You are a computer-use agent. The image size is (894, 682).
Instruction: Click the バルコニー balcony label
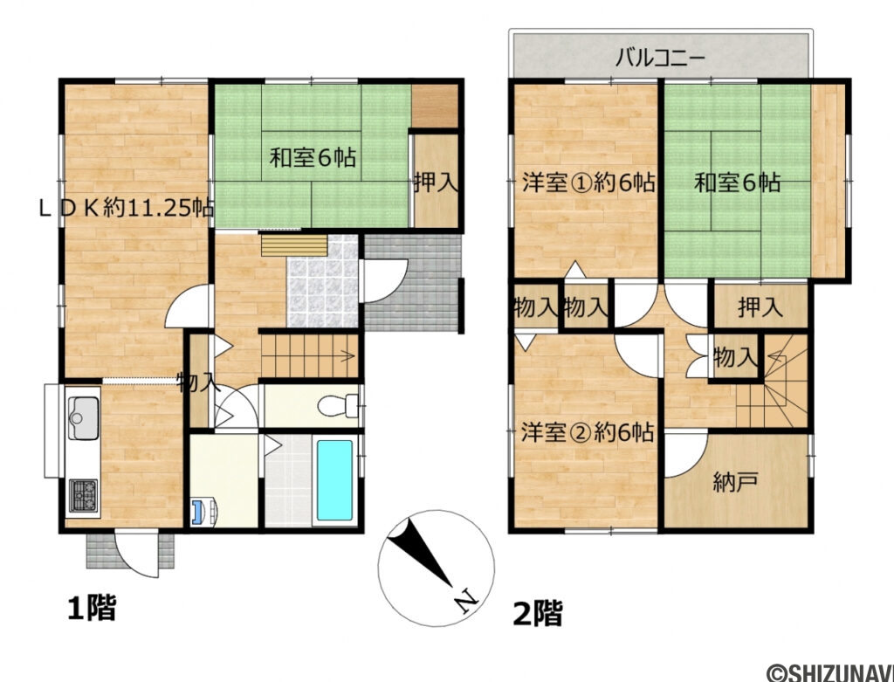660,59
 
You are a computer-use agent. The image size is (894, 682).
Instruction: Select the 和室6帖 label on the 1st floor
312,159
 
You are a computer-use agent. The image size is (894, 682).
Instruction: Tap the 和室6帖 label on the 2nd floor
737,183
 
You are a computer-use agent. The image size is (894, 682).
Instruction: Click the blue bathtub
334,480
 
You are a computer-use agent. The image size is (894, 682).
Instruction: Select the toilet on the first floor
335,406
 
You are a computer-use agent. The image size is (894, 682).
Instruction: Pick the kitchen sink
84,417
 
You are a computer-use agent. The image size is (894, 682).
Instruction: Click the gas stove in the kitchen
84,496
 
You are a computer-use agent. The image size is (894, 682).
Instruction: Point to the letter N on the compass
466,601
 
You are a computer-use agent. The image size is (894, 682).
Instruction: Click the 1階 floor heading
91,607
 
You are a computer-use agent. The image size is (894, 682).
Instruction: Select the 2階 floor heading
536,613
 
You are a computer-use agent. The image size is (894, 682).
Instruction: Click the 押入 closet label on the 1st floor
436,183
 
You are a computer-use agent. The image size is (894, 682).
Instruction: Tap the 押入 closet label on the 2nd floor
760,307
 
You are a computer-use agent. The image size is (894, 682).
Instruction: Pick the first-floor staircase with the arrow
311,356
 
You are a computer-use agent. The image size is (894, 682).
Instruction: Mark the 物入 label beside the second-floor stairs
734,356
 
